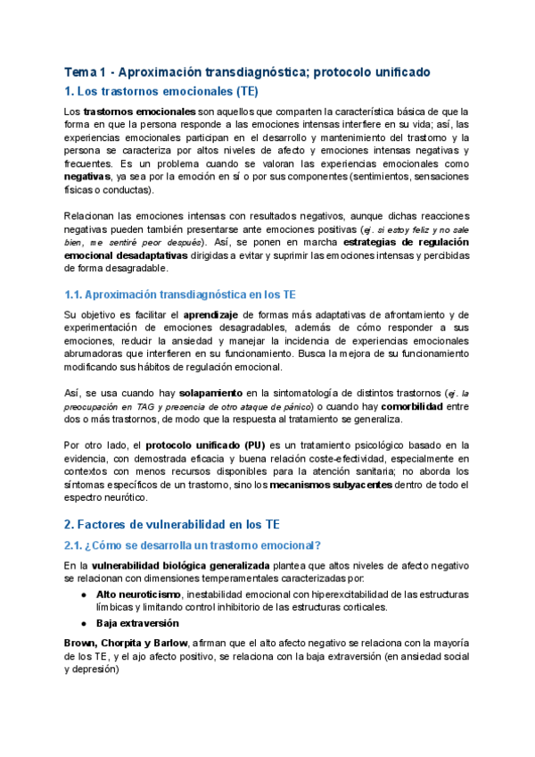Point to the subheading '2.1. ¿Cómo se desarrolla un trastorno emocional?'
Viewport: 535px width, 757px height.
(x=193, y=545)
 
